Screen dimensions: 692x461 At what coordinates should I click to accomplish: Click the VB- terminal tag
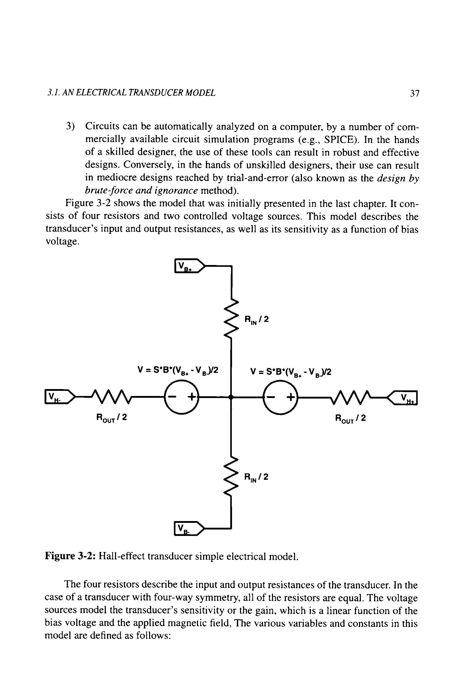pos(188,529)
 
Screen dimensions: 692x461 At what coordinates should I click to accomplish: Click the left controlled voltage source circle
pos(181,397)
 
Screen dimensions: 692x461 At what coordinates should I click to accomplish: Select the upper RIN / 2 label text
pos(256,320)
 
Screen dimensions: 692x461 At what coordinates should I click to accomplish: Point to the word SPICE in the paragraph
pos(338,139)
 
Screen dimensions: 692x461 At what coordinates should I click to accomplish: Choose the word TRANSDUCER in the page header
pos(135,93)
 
